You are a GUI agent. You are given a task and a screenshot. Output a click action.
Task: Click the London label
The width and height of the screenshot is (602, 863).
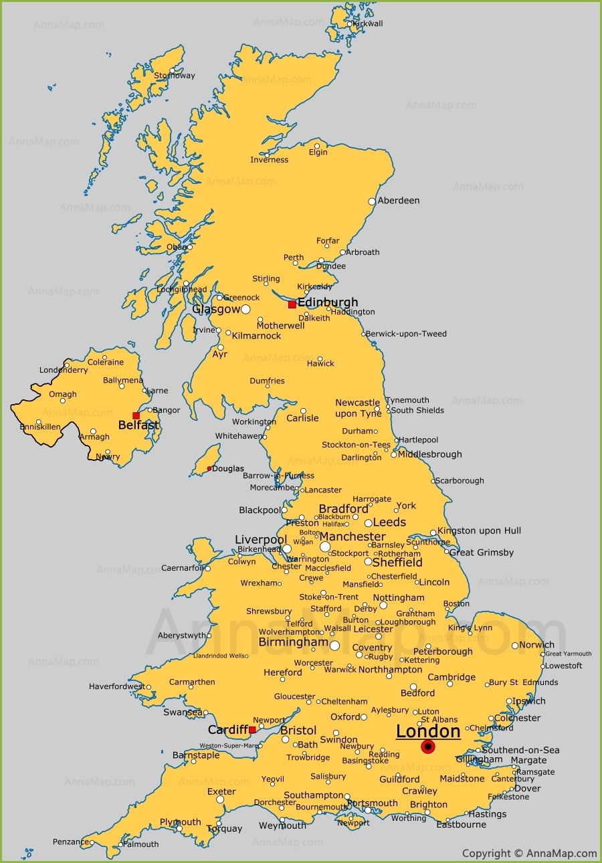tap(428, 731)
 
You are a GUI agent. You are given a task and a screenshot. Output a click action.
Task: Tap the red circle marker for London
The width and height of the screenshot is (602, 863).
tap(428, 747)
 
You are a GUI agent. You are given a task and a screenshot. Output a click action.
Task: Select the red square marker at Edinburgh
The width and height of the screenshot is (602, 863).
tap(292, 304)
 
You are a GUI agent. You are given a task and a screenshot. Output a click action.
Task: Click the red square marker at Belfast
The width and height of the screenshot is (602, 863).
tap(136, 415)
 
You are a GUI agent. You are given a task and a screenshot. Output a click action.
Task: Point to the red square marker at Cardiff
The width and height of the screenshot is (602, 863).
tap(252, 730)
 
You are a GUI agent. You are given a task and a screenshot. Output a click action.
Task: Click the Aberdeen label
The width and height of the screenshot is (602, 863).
tap(399, 200)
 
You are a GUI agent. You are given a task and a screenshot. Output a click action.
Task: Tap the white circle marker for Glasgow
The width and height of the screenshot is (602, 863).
tap(245, 309)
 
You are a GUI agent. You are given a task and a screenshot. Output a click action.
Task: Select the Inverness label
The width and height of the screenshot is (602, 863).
tap(270, 160)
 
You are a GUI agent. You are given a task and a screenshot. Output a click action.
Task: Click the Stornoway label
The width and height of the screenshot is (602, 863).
tap(175, 76)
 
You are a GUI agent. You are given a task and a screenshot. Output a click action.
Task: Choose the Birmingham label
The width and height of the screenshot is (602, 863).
tap(294, 642)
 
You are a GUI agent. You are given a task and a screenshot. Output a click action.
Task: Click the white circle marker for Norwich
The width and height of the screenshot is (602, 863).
tap(515, 646)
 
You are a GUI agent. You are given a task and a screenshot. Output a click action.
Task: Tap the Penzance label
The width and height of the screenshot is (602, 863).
tap(71, 842)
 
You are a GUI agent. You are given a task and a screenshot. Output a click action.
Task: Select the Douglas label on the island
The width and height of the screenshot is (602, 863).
tap(228, 469)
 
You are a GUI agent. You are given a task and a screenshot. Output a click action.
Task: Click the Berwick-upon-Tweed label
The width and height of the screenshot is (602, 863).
tap(406, 334)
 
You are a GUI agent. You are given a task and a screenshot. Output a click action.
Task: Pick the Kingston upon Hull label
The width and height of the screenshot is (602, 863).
tap(479, 531)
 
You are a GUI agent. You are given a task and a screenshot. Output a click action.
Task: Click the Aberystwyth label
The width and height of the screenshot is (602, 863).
tap(181, 636)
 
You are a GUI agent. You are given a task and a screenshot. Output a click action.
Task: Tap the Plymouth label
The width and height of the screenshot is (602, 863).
tap(180, 822)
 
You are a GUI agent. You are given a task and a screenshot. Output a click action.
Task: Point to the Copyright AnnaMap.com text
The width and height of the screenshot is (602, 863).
tap(529, 853)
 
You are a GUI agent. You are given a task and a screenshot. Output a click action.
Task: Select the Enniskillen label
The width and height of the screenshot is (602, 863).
tap(40, 427)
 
